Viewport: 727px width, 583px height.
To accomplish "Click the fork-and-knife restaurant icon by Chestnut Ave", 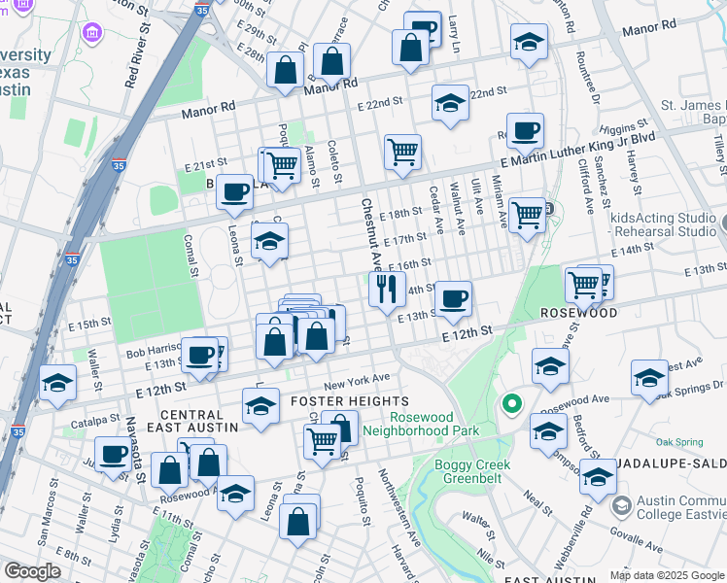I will click(x=387, y=289).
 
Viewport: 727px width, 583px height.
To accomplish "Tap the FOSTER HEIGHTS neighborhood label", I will click(x=344, y=401).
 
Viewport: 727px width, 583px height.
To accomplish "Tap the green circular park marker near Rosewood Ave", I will click(x=510, y=402).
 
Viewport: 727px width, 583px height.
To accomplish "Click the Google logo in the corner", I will click(x=33, y=571).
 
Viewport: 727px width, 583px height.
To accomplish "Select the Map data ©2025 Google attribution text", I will click(x=667, y=575).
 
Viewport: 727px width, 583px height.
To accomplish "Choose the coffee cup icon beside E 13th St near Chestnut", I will click(x=452, y=298).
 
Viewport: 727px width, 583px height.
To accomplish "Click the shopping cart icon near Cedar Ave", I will click(x=402, y=152).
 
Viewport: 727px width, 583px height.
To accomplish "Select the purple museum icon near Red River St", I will click(x=92, y=34).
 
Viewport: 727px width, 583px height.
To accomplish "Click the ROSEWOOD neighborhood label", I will click(x=579, y=314).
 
